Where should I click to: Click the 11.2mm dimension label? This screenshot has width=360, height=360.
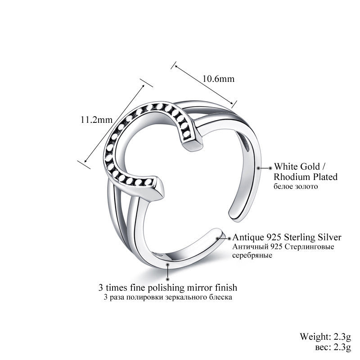tap(95, 120)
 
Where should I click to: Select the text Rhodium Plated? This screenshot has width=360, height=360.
tap(306, 176)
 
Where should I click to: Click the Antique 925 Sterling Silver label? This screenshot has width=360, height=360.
tap(286, 238)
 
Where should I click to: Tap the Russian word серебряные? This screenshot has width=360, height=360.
tap(252, 255)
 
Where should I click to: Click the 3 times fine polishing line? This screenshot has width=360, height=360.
tap(168, 287)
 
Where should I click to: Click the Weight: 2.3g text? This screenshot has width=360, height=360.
tap(329, 336)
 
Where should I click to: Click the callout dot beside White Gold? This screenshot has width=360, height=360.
tap(259, 167)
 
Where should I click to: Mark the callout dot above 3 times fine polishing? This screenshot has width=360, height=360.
tap(168, 266)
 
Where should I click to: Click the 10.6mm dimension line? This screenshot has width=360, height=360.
tap(204, 85)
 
